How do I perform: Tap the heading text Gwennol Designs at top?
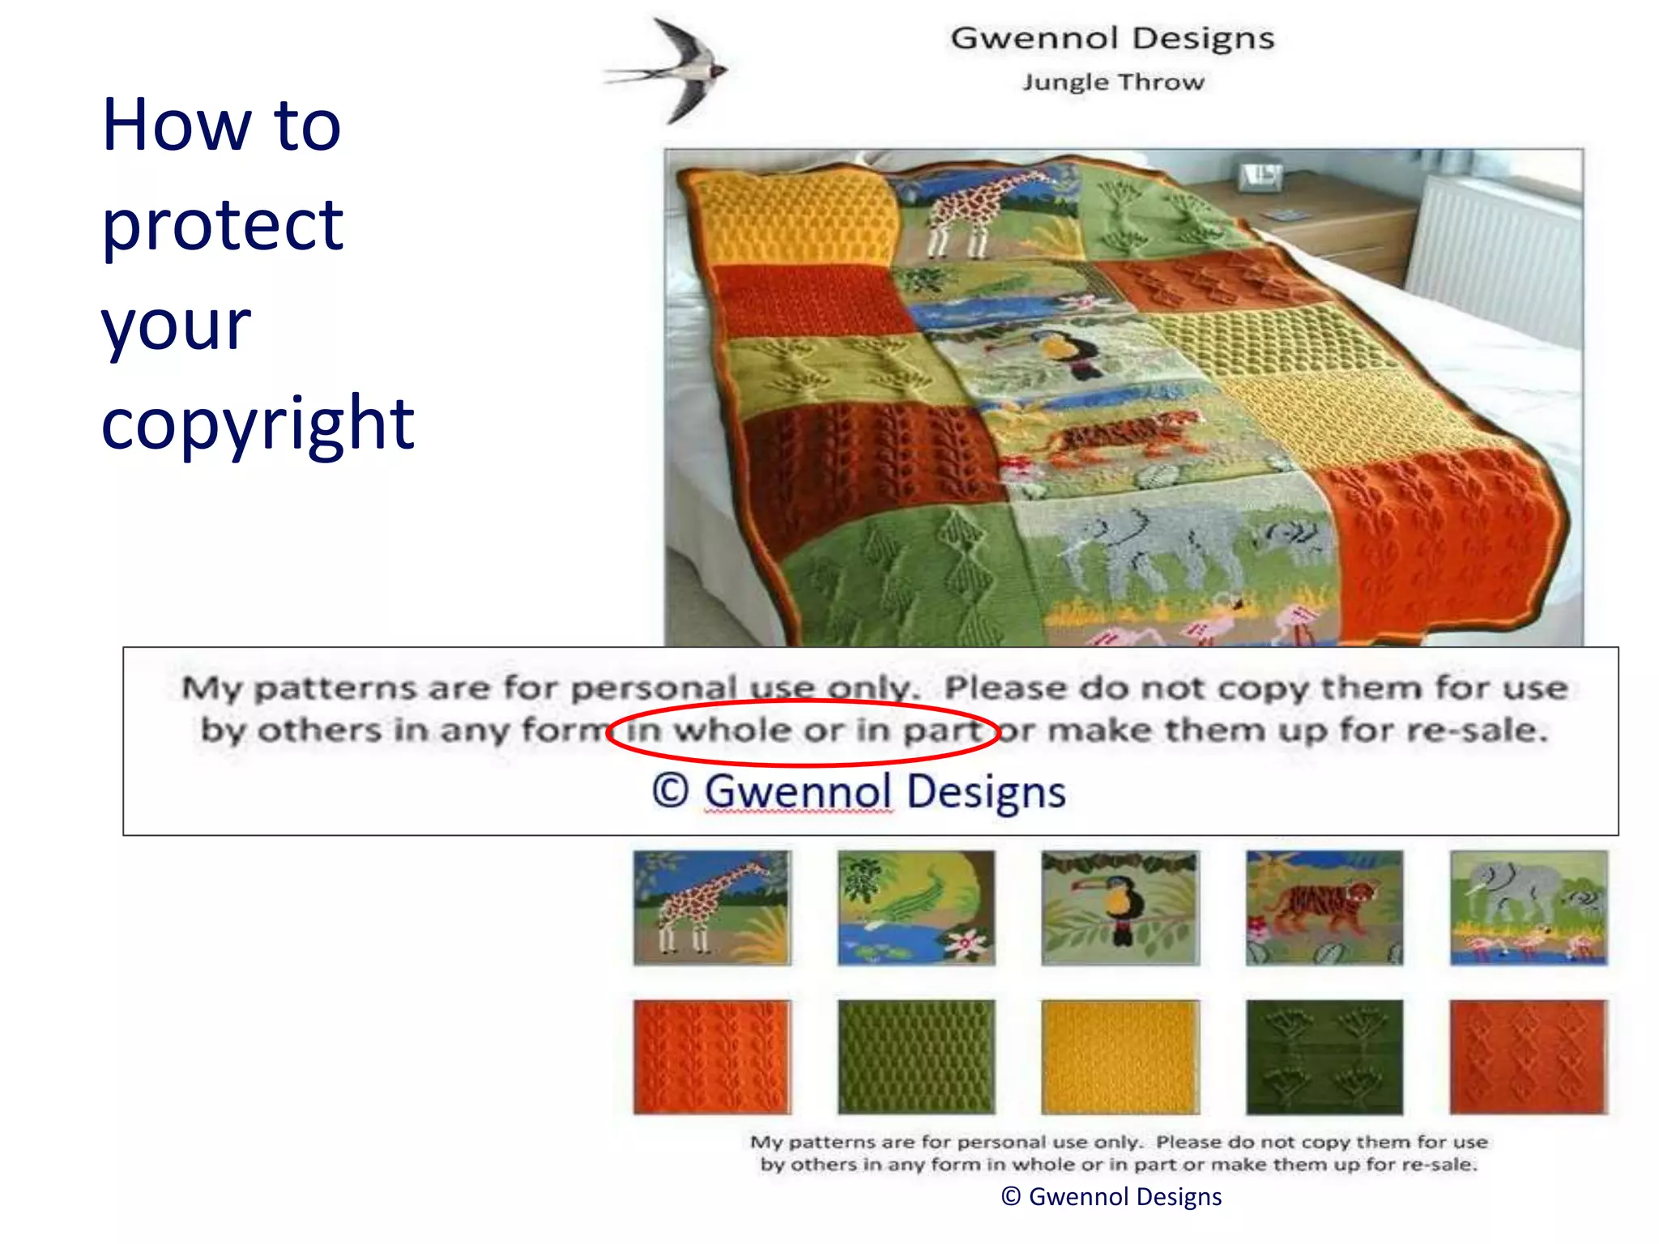(x=1112, y=38)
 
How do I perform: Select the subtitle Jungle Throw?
(x=1112, y=82)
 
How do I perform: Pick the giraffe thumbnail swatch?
(x=712, y=907)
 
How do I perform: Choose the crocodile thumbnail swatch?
(x=916, y=907)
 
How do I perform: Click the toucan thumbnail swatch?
(x=1120, y=907)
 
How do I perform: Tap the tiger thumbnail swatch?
(x=1324, y=907)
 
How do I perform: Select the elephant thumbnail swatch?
(x=1529, y=907)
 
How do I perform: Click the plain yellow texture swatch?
(x=1120, y=1057)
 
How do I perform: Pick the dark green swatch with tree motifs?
(x=1324, y=1057)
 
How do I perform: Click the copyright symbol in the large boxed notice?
(x=670, y=790)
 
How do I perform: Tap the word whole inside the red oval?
(x=732, y=730)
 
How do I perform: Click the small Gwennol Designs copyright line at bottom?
(x=1111, y=1196)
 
